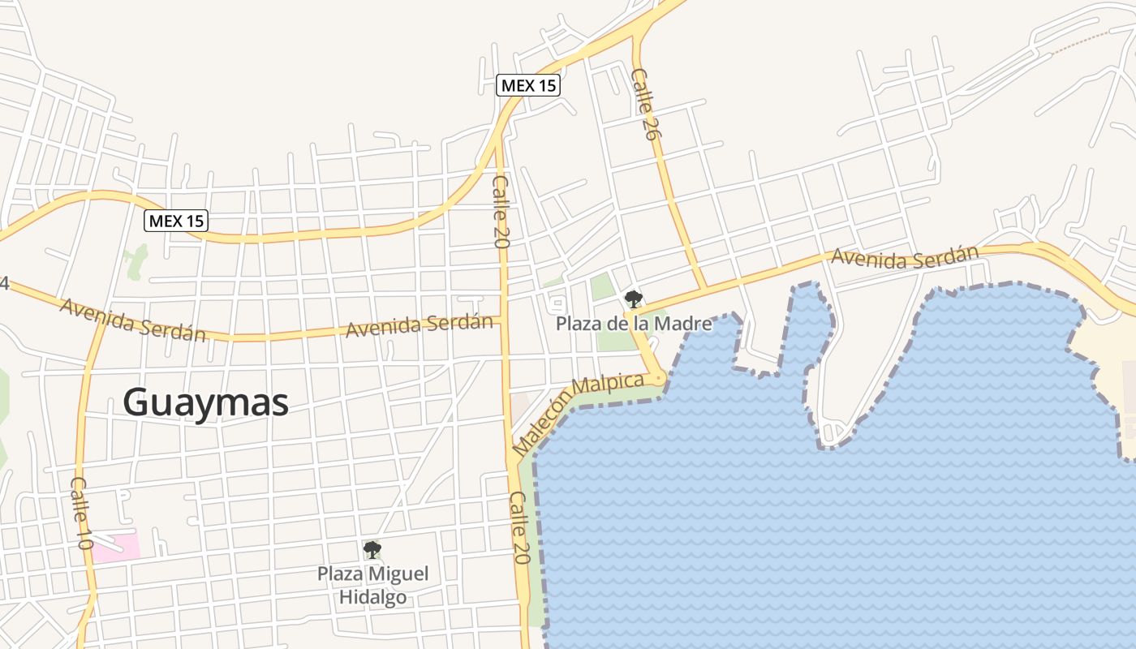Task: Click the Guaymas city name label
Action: coord(206,402)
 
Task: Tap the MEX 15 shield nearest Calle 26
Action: coord(529,85)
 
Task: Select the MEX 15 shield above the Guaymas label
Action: coord(177,220)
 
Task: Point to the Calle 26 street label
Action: coord(643,104)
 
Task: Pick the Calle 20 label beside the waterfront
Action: coord(520,527)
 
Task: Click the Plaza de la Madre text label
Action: coord(634,324)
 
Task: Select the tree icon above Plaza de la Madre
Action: coord(633,299)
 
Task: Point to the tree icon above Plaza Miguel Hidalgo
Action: coord(372,550)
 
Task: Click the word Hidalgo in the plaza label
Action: coord(373,599)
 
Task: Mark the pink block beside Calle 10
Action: coord(114,548)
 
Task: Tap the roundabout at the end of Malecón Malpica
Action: coord(658,377)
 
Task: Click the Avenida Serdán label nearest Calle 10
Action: coord(133,320)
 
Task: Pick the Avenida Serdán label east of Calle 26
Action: coord(905,256)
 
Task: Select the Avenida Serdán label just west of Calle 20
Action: coord(419,325)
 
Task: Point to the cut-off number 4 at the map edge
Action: coord(4,283)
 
